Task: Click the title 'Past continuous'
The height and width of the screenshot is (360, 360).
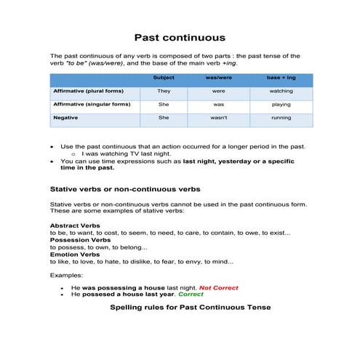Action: click(180, 37)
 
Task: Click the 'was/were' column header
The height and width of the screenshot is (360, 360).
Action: click(218, 78)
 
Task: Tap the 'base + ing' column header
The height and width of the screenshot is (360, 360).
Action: click(281, 78)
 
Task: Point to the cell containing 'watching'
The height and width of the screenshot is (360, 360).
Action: click(281, 92)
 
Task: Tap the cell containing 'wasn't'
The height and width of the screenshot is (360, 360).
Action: click(218, 117)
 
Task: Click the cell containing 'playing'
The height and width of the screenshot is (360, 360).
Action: click(281, 104)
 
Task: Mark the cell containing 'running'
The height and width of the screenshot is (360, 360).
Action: click(281, 117)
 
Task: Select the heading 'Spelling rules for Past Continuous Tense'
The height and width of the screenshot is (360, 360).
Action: click(190, 308)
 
